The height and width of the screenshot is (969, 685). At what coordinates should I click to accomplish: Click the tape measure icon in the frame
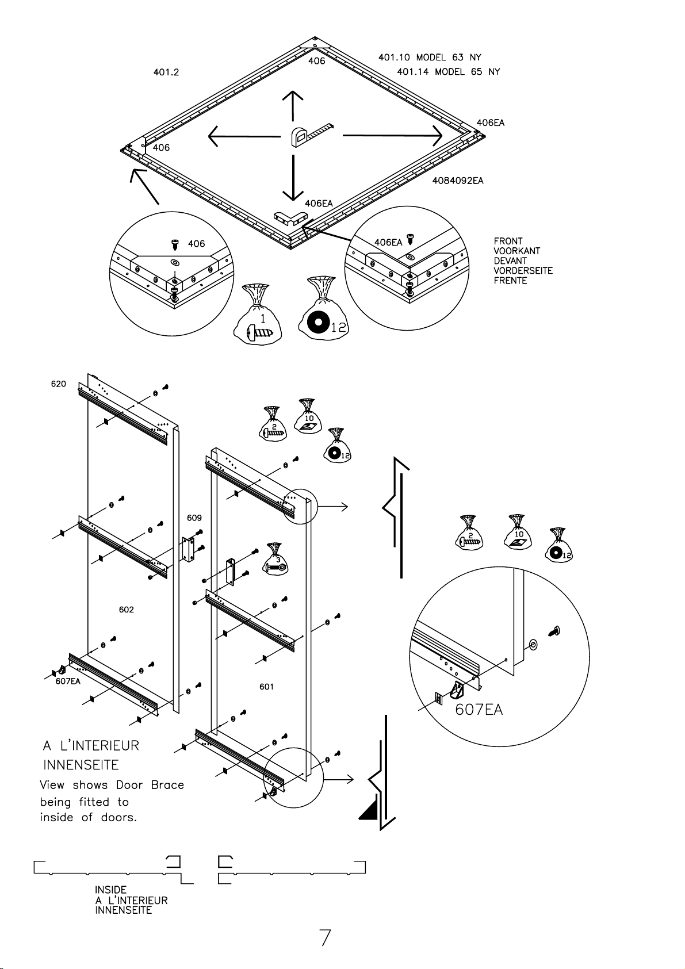[x=311, y=135]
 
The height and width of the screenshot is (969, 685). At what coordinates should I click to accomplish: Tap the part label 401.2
[x=166, y=72]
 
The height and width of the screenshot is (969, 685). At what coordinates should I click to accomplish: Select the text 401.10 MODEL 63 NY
[x=430, y=57]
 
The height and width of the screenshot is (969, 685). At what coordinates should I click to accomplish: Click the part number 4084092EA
[x=458, y=181]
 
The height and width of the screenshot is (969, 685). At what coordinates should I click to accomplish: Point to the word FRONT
[x=508, y=241]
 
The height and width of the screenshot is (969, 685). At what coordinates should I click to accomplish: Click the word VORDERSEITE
[x=523, y=271]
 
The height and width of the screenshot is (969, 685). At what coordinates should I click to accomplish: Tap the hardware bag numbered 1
[x=258, y=314]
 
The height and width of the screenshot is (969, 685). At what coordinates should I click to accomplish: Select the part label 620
[x=59, y=384]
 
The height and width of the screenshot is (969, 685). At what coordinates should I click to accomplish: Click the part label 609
[x=194, y=518]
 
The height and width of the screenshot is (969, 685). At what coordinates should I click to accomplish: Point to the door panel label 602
[x=127, y=610]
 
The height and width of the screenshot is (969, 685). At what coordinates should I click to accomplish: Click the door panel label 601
[x=266, y=687]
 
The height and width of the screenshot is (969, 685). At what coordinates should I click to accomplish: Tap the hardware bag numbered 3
[x=275, y=559]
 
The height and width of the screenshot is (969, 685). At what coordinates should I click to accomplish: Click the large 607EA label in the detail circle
[x=479, y=710]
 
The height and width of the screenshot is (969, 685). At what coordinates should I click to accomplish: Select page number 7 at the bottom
[x=325, y=938]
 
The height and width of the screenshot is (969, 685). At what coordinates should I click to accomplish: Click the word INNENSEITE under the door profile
[x=123, y=910]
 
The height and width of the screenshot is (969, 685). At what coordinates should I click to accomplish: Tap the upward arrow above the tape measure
[x=293, y=106]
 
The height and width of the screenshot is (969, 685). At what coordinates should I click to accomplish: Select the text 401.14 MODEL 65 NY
[x=448, y=71]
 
